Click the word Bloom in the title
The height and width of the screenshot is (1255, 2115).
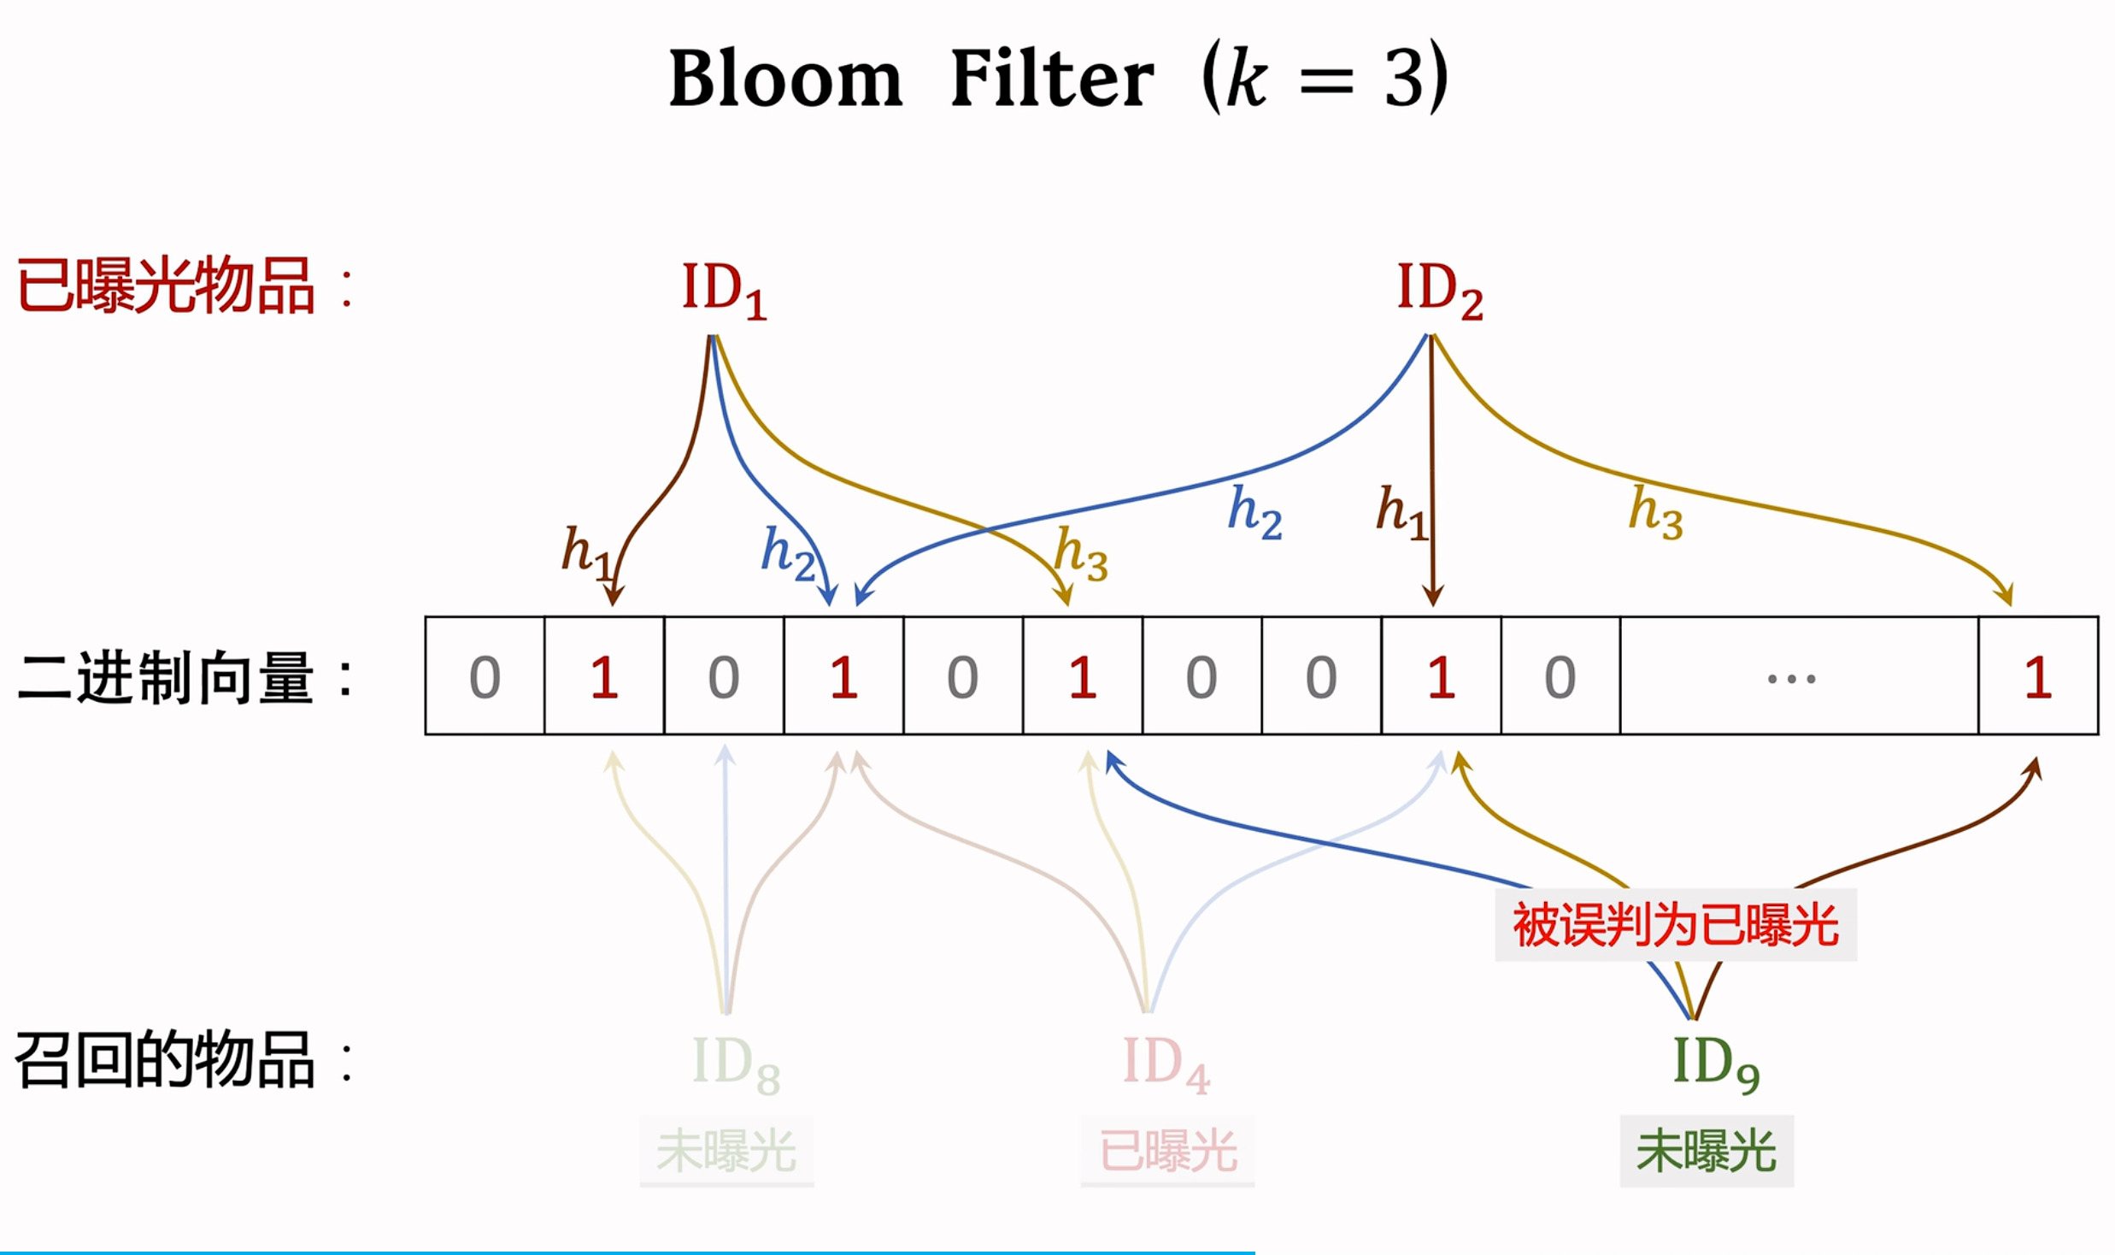point(785,78)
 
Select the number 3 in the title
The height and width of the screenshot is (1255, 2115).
point(1406,78)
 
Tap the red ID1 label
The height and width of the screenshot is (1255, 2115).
point(724,291)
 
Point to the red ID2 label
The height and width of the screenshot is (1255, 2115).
point(1440,291)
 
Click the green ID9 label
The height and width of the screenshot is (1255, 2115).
point(1715,1064)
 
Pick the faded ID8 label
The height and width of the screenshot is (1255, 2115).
point(736,1064)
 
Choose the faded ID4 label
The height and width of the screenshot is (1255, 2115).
point(1166,1064)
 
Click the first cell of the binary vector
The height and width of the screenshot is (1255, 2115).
point(485,675)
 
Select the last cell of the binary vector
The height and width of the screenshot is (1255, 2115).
point(2038,675)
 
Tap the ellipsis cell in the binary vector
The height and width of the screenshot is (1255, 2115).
point(1799,675)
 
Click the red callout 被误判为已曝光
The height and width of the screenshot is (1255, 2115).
point(1676,925)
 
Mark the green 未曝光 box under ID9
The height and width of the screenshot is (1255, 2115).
point(1707,1151)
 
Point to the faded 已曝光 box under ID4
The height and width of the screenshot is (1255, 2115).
point(1167,1151)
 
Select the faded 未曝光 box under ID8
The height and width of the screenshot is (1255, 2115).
point(726,1151)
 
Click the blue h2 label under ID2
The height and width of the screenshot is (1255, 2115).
point(1254,513)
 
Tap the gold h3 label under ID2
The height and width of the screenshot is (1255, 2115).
point(1656,513)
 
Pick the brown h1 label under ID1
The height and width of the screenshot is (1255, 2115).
point(588,553)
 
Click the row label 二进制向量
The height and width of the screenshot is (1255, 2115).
point(166,678)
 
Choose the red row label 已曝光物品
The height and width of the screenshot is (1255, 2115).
point(166,286)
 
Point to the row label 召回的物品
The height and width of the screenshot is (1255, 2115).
point(166,1059)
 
